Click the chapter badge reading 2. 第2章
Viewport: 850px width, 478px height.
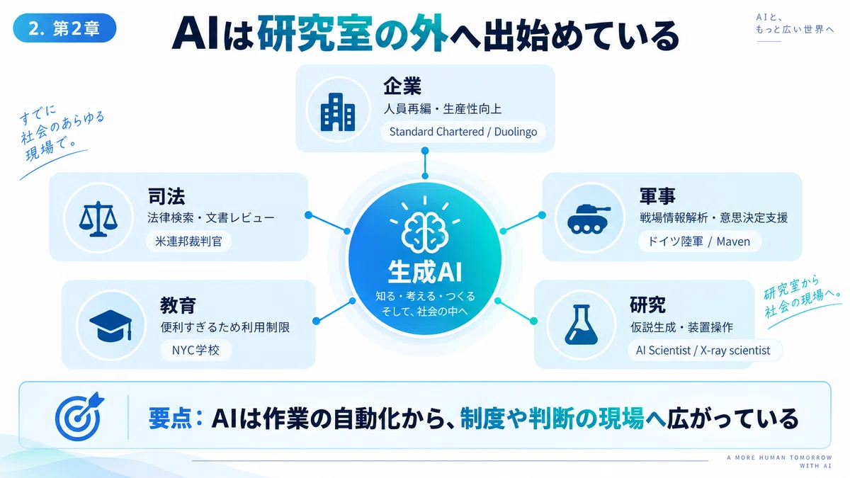(64, 28)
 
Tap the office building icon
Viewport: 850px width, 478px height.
(338, 112)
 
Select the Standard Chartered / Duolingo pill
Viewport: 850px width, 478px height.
(463, 132)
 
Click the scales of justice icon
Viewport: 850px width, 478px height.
(98, 219)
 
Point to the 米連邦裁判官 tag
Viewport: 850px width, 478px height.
(188, 241)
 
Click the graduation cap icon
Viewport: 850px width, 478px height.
(110, 326)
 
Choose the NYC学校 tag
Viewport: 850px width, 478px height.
(195, 350)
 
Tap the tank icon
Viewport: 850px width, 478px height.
(589, 219)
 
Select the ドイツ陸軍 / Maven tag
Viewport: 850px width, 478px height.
(699, 241)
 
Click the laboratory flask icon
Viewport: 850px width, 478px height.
(581, 325)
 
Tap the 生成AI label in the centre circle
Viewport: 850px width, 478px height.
(424, 272)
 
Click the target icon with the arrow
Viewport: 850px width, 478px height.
(79, 416)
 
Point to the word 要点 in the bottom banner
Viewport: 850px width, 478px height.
(170, 418)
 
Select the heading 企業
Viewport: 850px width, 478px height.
(402, 86)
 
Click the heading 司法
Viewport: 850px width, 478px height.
(166, 196)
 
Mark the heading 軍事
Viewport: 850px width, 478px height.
(657, 196)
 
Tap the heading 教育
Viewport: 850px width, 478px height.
(178, 305)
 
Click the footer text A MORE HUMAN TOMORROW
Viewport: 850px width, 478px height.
(779, 457)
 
